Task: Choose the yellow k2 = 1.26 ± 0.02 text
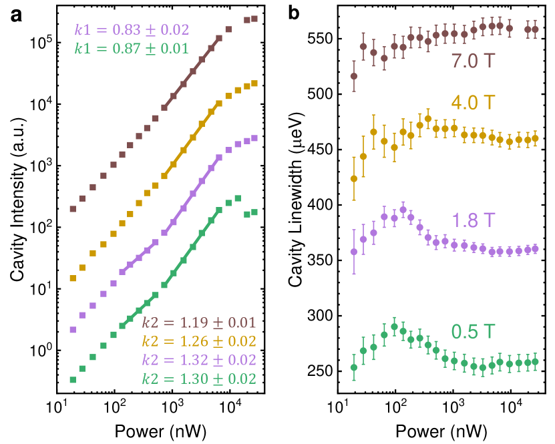[200, 341]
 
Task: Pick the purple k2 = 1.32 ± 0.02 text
[200, 360]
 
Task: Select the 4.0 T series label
[472, 103]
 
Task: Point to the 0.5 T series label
[472, 331]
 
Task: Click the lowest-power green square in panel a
[73, 380]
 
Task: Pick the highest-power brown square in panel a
[254, 19]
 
